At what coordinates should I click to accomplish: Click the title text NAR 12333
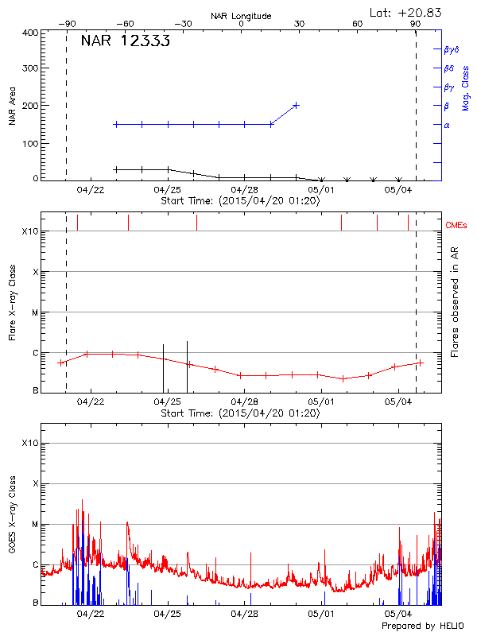point(126,42)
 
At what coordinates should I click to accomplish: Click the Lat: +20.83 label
point(406,12)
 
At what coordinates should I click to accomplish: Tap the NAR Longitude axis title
point(241,16)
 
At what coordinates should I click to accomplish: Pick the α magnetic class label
point(447,125)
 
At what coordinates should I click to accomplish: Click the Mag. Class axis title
point(465,87)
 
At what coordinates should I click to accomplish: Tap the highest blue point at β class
point(296,105)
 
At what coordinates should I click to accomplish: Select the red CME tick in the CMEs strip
point(377,223)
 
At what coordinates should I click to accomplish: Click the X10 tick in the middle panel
point(30,231)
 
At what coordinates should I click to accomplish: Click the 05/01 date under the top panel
point(321,189)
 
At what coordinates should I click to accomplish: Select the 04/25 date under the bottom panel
point(167,614)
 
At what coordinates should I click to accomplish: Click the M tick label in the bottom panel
point(35,524)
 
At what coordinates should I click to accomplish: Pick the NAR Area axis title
point(12,107)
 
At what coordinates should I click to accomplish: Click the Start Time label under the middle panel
point(241,413)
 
